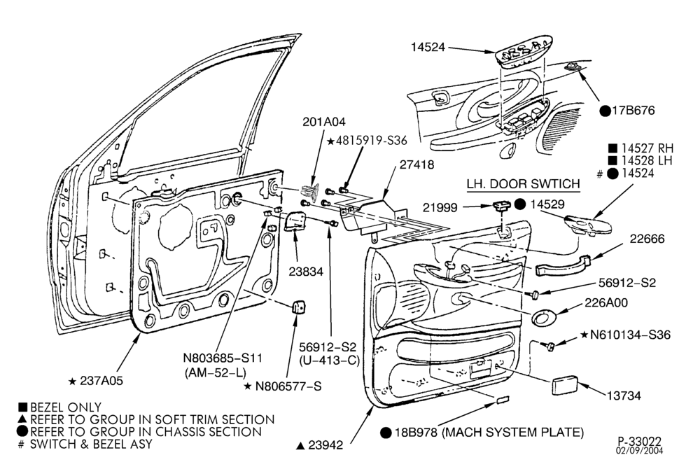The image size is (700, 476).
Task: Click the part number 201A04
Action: (x=324, y=122)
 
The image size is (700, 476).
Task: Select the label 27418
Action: (x=416, y=164)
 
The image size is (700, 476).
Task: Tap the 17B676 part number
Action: (x=633, y=111)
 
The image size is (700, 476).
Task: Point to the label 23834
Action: (x=306, y=271)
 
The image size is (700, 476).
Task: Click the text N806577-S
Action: (x=288, y=386)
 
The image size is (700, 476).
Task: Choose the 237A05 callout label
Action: (x=101, y=381)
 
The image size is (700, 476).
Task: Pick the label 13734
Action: (x=623, y=395)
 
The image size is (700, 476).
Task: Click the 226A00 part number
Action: (x=606, y=302)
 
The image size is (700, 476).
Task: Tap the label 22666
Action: (x=647, y=239)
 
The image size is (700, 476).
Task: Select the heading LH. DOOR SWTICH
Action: (x=523, y=183)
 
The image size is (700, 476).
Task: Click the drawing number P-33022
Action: (x=640, y=442)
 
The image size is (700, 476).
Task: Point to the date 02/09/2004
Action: (x=640, y=451)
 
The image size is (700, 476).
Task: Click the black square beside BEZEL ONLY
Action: (x=23, y=407)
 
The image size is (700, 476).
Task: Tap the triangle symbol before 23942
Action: (x=300, y=445)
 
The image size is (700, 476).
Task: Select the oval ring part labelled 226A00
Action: (x=543, y=316)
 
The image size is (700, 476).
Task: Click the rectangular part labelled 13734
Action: (x=565, y=386)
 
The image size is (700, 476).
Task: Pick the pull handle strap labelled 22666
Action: (x=563, y=265)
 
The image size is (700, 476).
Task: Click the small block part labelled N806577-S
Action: (x=299, y=308)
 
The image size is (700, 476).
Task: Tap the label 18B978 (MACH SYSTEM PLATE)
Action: (x=488, y=432)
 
